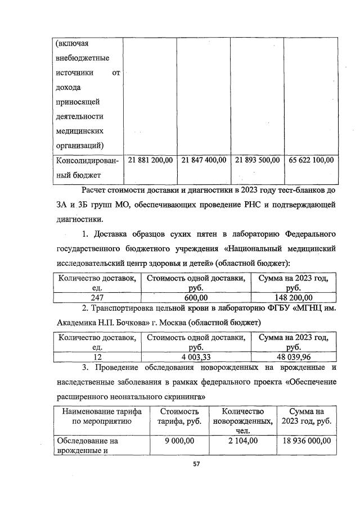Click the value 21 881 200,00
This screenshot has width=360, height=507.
tap(150, 160)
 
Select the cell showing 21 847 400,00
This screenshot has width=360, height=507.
tap(204, 160)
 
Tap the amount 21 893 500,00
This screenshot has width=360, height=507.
tap(257, 160)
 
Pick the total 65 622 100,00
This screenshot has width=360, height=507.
tap(311, 160)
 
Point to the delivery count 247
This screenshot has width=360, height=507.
tap(97, 297)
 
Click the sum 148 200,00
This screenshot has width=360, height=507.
tap(293, 297)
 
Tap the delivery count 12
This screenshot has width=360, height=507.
tap(97, 357)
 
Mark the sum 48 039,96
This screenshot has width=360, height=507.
tap(293, 357)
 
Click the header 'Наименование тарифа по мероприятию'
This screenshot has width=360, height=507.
tap(101, 417)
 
